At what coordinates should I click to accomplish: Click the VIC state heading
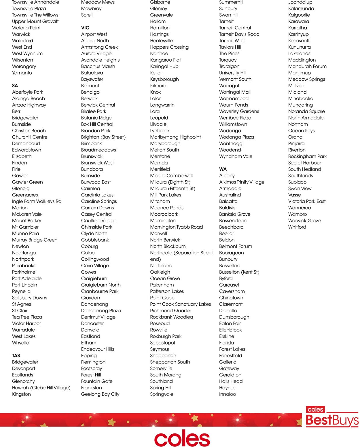[x=85, y=28]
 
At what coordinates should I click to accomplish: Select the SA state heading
[x=15, y=86]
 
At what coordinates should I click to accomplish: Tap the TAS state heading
[x=16, y=355]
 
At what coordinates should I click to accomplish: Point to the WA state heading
[x=223, y=169]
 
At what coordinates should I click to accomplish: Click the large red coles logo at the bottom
[x=182, y=439]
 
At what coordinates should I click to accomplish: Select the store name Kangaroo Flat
[x=165, y=60]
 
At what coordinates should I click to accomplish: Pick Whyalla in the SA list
[x=21, y=343]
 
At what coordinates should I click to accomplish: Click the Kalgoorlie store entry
[x=299, y=15]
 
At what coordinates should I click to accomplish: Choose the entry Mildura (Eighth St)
[x=170, y=182]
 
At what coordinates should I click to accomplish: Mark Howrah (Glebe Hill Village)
[x=41, y=388]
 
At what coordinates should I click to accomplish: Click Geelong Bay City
[x=100, y=394]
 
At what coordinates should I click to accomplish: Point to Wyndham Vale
[x=236, y=156]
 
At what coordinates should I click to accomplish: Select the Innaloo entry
[x=228, y=394]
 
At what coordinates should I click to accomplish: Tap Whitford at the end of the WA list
[x=297, y=227]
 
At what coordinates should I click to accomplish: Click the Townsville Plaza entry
[x=29, y=9]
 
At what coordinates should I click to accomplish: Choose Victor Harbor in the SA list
[x=26, y=323]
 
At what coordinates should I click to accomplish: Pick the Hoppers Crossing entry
[x=169, y=47]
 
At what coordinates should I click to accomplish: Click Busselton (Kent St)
[x=239, y=272]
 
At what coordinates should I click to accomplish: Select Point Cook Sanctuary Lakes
[x=181, y=304]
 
